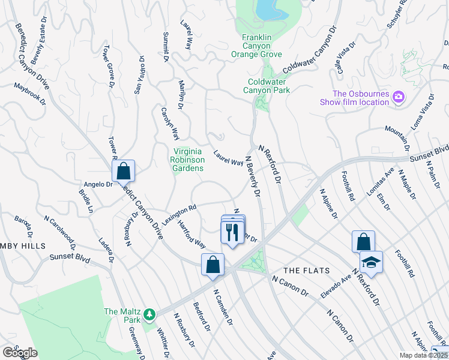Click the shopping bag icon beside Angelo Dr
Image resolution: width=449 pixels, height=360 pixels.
point(123,171)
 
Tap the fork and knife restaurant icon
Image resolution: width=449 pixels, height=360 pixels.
point(233,230)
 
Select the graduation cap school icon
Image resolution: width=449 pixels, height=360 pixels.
point(371,262)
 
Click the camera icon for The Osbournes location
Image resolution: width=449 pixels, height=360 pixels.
point(397,97)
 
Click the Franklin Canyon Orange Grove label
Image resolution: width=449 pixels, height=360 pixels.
point(261,46)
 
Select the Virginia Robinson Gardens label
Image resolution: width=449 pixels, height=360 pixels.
point(188,160)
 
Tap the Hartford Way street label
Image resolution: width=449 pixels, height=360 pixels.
point(191,235)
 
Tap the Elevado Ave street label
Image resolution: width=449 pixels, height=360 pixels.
point(337,280)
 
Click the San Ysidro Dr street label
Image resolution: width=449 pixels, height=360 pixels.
point(139,76)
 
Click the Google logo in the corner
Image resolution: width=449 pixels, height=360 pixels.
point(20,352)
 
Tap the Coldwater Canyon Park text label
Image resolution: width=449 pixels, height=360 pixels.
point(266,86)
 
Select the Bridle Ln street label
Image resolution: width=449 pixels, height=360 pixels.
point(86,201)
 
